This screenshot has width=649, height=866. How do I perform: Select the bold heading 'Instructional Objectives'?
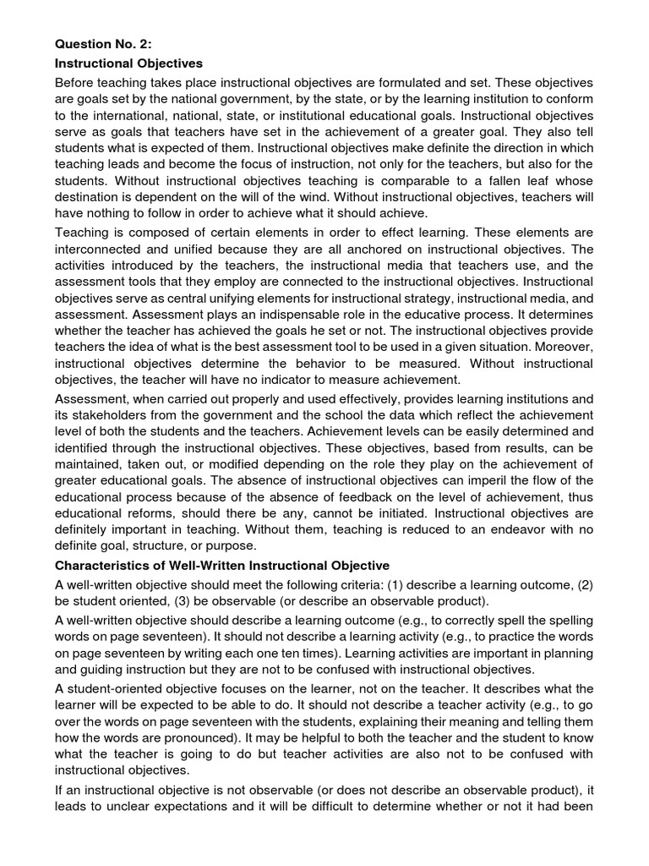click(x=128, y=63)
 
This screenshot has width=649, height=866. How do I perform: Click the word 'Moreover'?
click(x=562, y=344)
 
